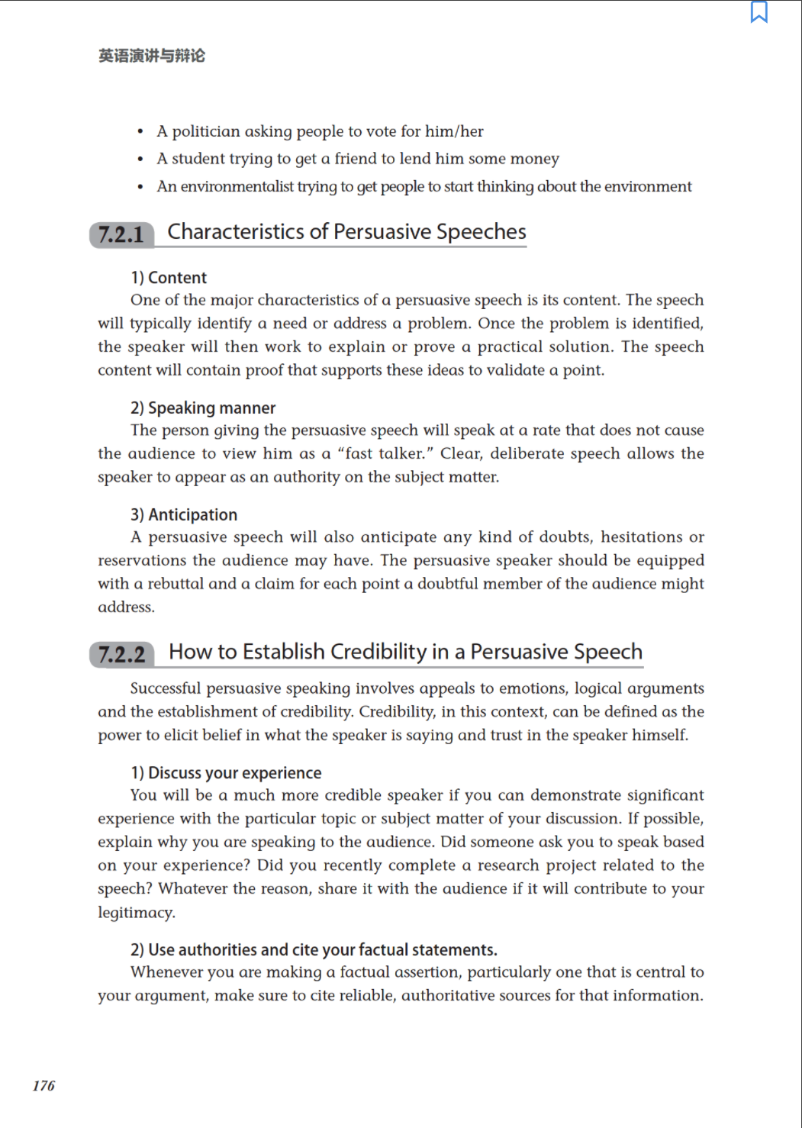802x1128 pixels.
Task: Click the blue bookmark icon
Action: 759,12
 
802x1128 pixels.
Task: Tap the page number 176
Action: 43,1085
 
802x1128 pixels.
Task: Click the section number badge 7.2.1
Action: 121,234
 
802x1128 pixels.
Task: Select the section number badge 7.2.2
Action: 122,654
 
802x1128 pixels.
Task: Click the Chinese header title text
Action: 152,56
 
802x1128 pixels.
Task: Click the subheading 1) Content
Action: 169,278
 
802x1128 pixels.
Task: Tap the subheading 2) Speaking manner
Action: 203,408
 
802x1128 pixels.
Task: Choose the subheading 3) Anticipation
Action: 184,514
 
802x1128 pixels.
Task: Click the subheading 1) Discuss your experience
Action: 226,772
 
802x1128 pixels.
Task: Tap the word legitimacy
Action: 136,912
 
